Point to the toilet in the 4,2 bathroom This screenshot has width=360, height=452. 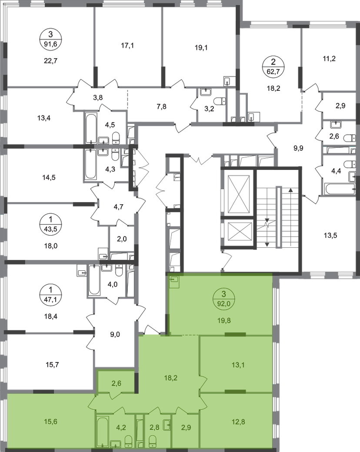pyautogui.click(x=129, y=442)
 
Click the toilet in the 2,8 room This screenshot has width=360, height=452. pyautogui.click(x=153, y=442)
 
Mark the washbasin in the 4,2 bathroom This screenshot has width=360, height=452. pyautogui.click(x=116, y=443)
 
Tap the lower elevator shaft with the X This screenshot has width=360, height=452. pyautogui.click(x=237, y=235)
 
